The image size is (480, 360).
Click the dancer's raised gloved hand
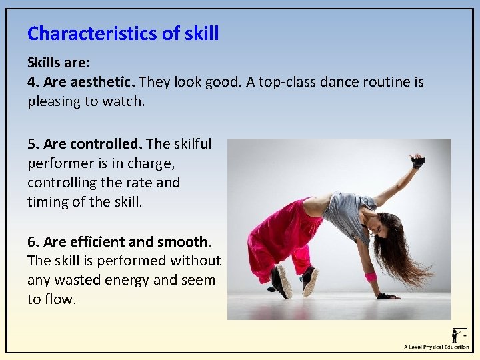[418, 161]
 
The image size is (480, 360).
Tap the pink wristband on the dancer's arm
[371, 277]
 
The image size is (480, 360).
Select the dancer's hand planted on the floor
[386, 295]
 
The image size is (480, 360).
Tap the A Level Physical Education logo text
[436, 347]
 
